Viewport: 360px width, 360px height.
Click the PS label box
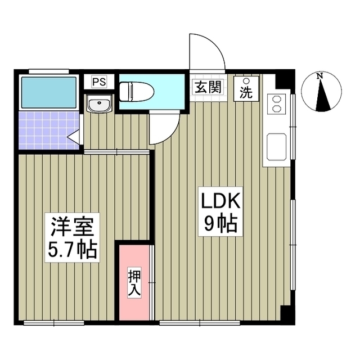(x=99, y=82)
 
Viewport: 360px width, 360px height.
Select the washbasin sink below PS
(x=100, y=104)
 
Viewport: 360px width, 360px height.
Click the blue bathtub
(x=48, y=92)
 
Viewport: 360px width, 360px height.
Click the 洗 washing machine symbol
(x=246, y=88)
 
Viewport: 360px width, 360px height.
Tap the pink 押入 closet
(x=134, y=281)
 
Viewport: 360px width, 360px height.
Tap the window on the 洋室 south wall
(x=54, y=322)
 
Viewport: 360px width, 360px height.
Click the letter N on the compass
(x=319, y=76)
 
